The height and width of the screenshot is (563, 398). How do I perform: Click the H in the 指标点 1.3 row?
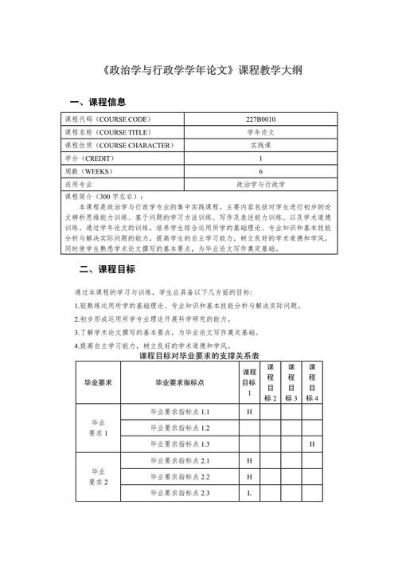click(x=312, y=443)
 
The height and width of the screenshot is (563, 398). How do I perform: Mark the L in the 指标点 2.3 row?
click(x=249, y=494)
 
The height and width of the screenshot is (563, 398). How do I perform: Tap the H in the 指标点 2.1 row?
click(x=249, y=461)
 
